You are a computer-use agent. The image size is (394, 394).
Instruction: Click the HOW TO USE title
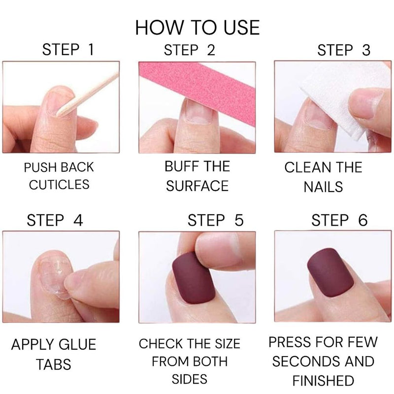pos(197,28)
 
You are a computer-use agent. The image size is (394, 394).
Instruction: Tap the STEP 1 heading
pos(68,50)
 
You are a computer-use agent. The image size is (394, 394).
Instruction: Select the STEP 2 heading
pos(190,50)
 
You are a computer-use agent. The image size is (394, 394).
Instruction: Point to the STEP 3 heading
pos(343,50)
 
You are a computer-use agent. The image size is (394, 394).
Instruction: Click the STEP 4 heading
pos(55,220)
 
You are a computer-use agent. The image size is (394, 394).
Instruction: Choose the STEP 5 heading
pos(216,220)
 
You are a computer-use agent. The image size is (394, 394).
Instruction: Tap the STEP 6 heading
pos(339,220)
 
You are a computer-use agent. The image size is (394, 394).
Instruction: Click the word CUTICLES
pos(59,185)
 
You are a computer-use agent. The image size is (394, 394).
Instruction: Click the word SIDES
pos(190,379)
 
